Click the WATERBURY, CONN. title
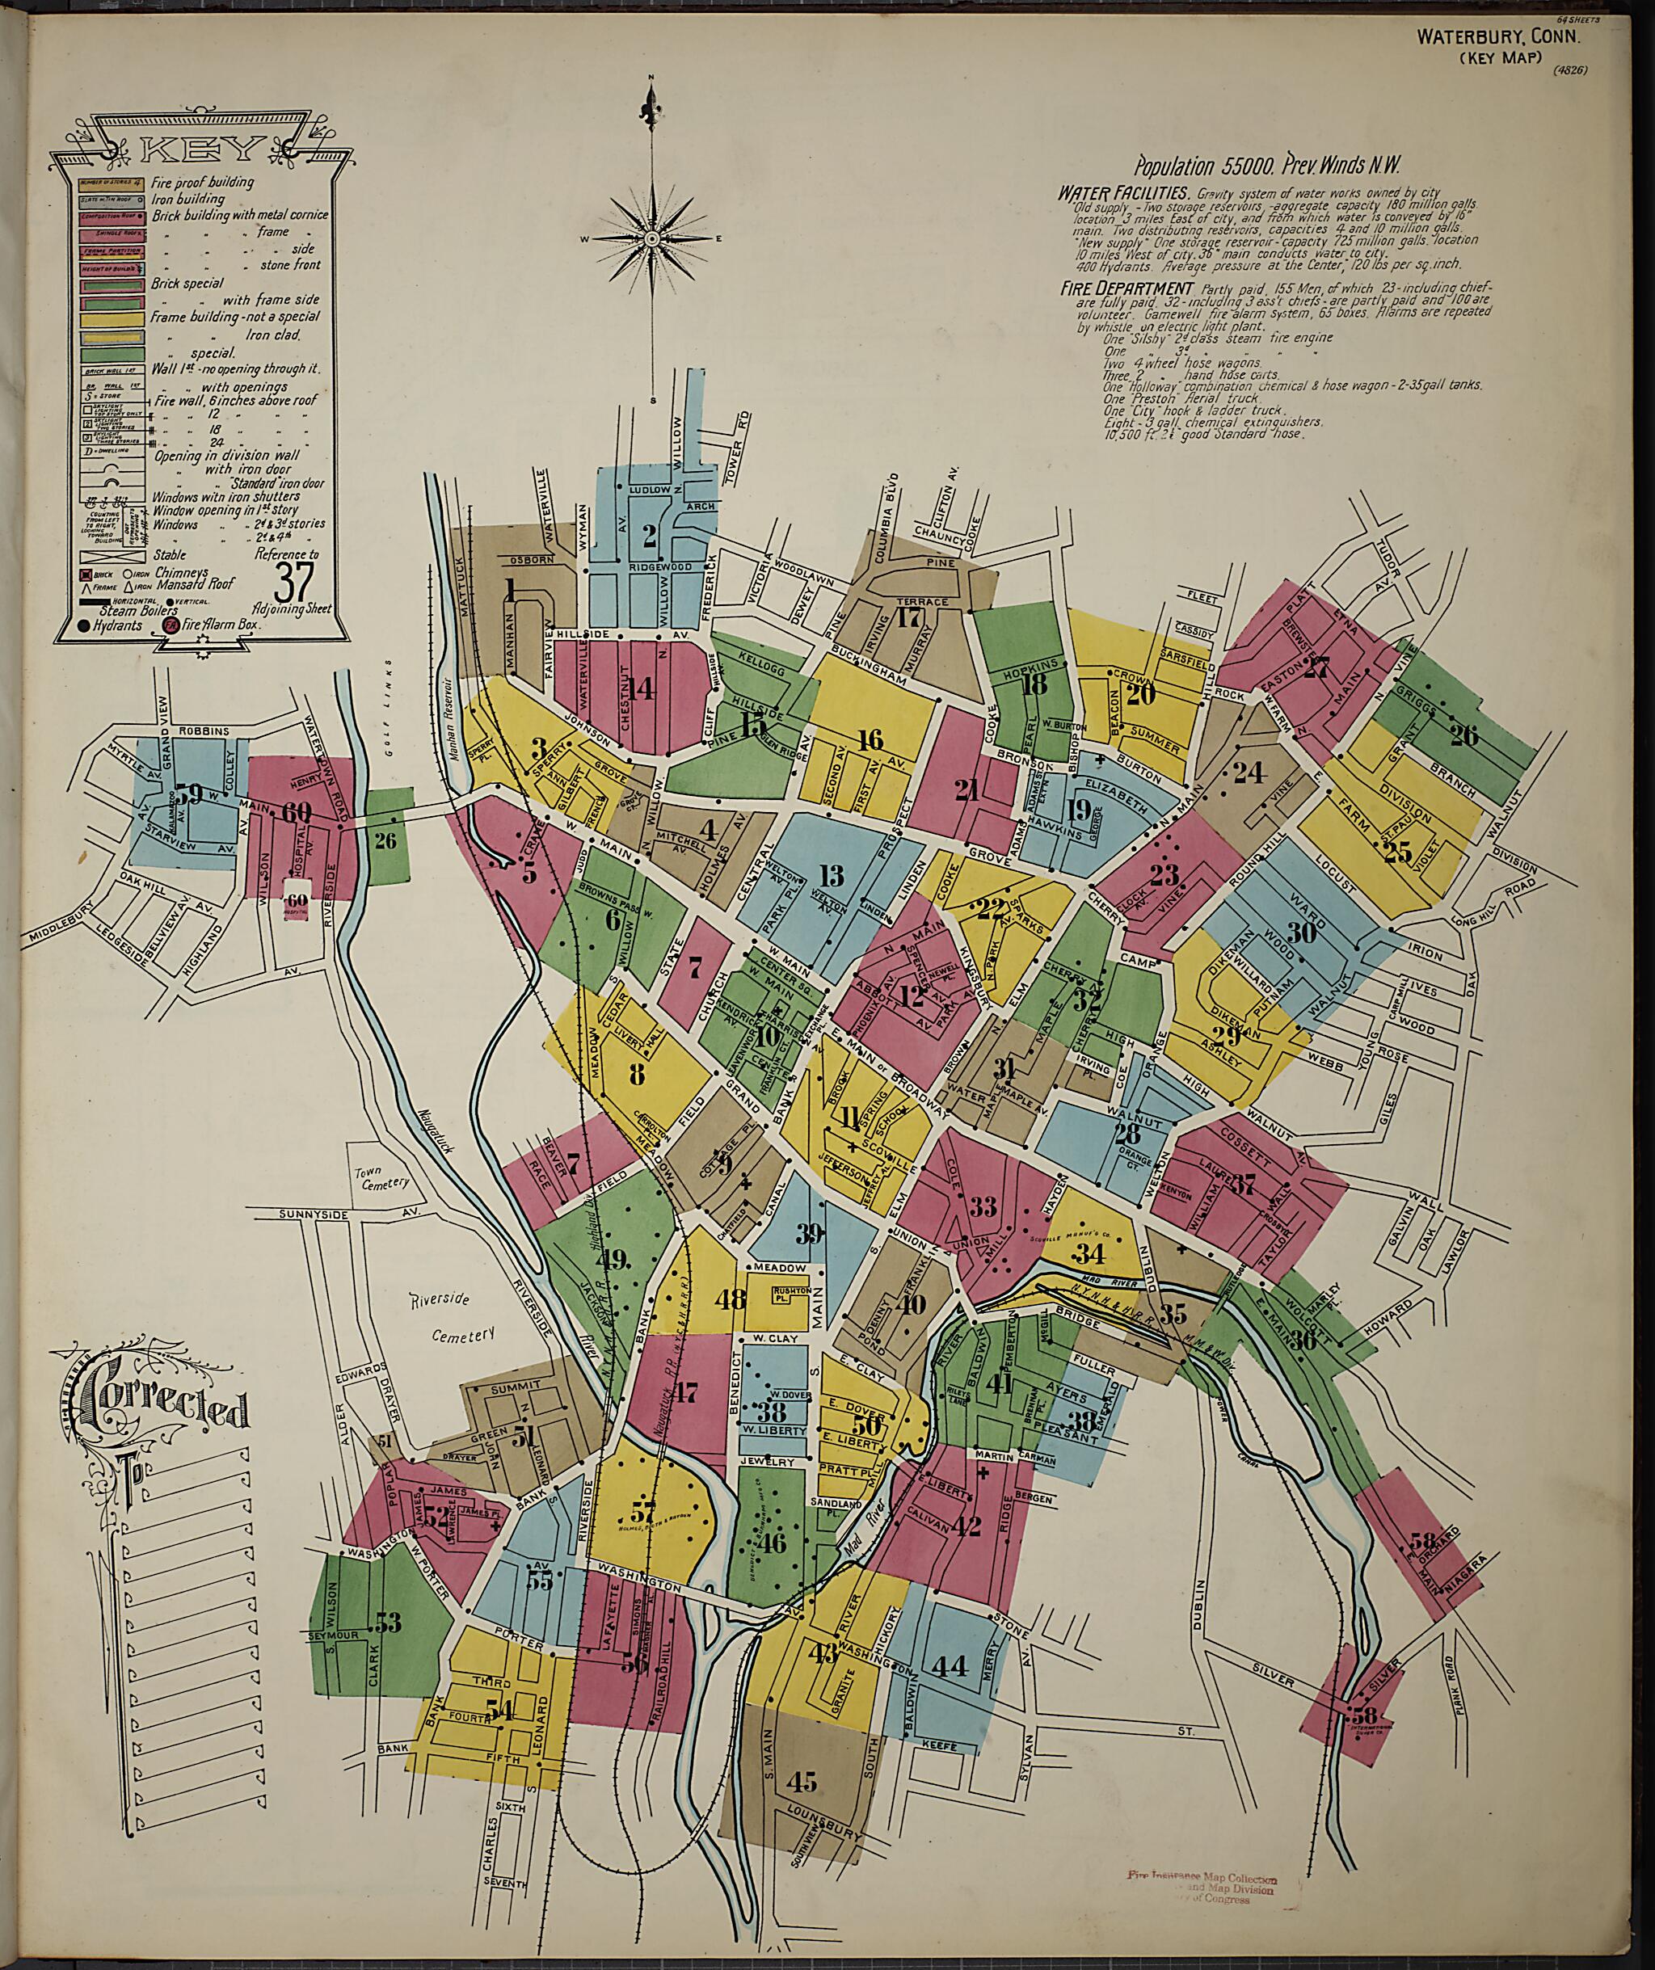pyautogui.click(x=1498, y=37)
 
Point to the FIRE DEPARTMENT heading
pyautogui.click(x=1113, y=287)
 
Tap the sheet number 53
pyautogui.click(x=387, y=1620)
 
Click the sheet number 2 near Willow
pyautogui.click(x=647, y=536)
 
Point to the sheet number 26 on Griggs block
pyautogui.click(x=1463, y=735)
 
